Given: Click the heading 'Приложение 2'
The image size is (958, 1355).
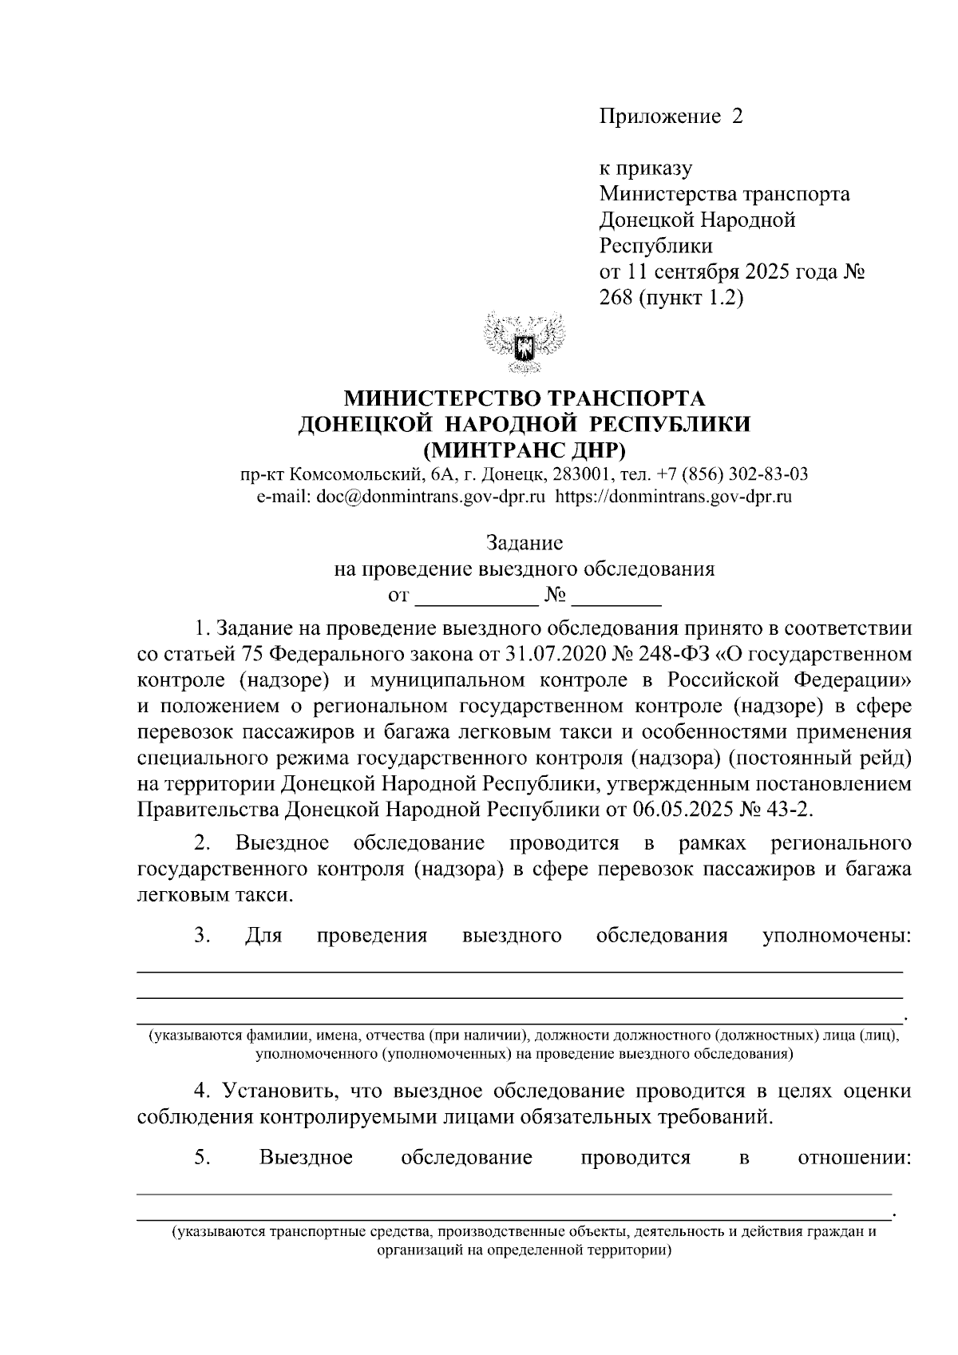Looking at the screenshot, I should click(x=671, y=117).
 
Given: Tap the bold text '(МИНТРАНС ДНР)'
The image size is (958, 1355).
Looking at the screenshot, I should click(x=524, y=448).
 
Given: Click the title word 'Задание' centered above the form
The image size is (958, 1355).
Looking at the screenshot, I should click(x=525, y=544).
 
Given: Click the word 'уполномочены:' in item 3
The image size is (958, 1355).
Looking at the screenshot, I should click(x=837, y=936).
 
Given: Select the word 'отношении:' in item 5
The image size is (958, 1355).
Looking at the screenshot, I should click(x=854, y=1158).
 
